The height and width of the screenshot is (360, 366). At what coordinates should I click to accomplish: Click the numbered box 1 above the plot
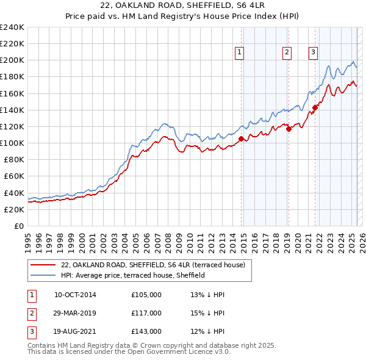(x=240, y=53)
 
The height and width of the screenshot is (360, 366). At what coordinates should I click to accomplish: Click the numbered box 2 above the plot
(x=286, y=53)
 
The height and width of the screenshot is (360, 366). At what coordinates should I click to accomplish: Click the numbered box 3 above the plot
(x=313, y=53)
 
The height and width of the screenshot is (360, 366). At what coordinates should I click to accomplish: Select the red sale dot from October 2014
(x=241, y=139)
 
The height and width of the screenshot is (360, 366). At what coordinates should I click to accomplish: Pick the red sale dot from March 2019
(x=289, y=129)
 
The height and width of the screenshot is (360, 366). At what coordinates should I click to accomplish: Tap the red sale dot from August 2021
(x=315, y=107)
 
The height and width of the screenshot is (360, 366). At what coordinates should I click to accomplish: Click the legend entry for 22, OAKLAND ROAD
(x=152, y=265)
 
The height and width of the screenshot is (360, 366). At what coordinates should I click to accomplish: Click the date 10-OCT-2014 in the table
(x=75, y=295)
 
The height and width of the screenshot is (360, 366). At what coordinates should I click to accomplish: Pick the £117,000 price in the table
(x=146, y=313)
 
